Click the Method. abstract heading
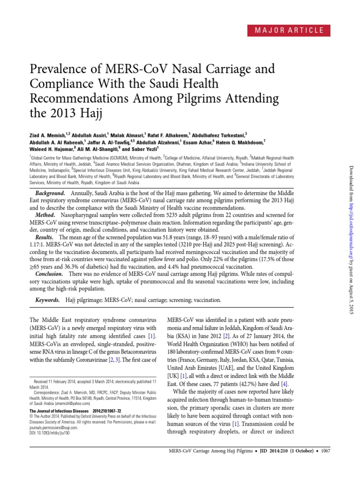[x=48, y=213]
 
